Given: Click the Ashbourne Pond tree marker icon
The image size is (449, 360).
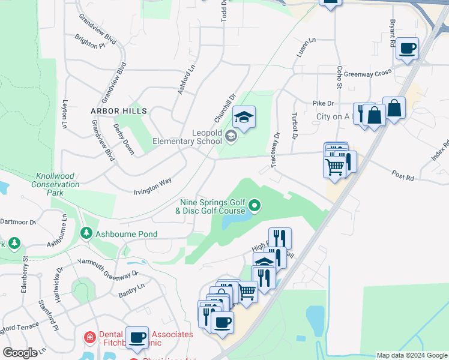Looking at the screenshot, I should pyautogui.click(x=86, y=233).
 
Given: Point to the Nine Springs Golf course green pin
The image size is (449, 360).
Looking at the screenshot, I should pyautogui.click(x=255, y=206).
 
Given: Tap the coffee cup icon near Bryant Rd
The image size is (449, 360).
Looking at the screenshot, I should pyautogui.click(x=408, y=49).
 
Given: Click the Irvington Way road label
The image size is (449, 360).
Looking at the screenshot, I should pyautogui.click(x=152, y=185).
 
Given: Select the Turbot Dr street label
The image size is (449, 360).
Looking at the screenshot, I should pyautogui.click(x=294, y=126).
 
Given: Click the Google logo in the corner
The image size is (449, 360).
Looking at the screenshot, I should pyautogui.click(x=20, y=353).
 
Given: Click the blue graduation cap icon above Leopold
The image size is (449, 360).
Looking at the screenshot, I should pyautogui.click(x=244, y=116).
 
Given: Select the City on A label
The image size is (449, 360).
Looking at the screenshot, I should pyautogui.click(x=333, y=116).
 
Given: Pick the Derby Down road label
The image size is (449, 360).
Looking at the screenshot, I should pyautogui.click(x=124, y=140).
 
